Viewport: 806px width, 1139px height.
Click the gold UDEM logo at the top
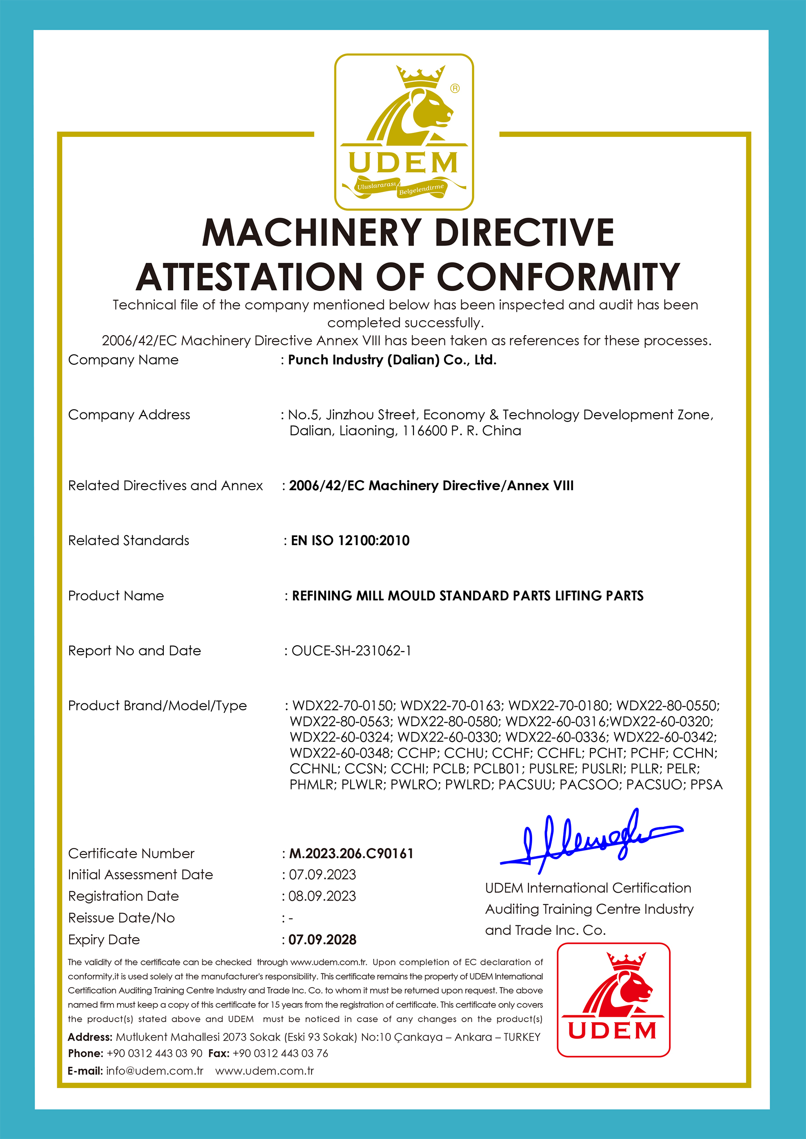(403, 132)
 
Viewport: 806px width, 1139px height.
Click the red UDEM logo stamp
(614, 999)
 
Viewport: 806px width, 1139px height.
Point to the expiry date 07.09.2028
(322, 939)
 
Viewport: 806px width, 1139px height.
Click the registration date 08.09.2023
(322, 896)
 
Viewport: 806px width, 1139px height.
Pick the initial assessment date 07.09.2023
(322, 874)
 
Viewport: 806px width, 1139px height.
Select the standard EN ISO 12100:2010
(350, 540)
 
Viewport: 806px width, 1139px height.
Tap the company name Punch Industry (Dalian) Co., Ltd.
(392, 360)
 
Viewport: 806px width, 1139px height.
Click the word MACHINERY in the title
(312, 233)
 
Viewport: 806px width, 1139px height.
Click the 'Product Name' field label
(116, 595)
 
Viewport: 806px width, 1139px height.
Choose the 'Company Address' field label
(129, 414)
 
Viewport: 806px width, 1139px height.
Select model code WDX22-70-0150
(343, 705)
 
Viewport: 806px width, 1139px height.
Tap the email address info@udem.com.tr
(154, 1070)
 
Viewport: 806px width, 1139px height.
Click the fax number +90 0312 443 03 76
(280, 1053)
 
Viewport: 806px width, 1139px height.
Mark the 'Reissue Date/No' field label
(121, 918)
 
